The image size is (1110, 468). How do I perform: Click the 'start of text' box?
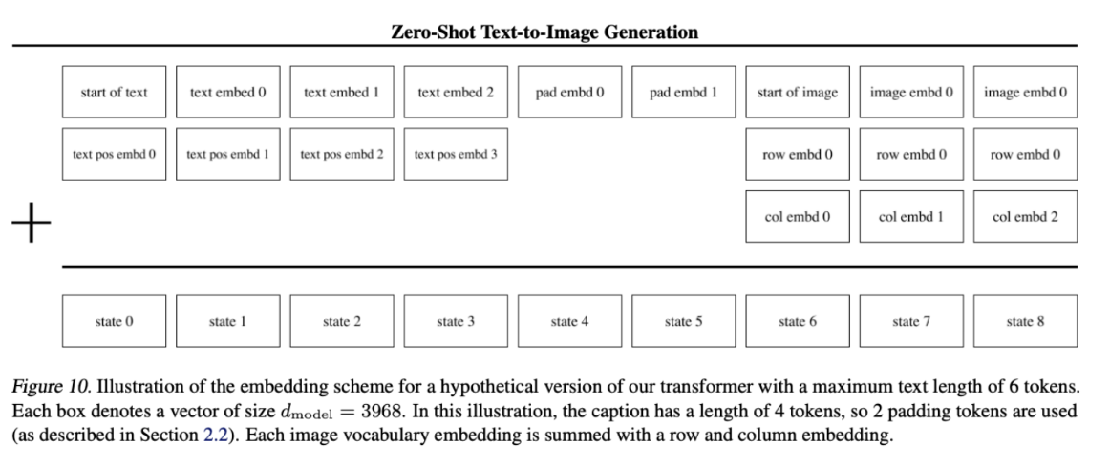pyautogui.click(x=114, y=92)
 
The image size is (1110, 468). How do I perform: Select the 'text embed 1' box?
pyautogui.click(x=342, y=92)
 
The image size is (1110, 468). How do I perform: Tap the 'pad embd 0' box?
pyautogui.click(x=570, y=92)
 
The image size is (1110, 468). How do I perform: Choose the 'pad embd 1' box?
pyautogui.click(x=684, y=92)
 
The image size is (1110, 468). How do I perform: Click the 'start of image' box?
pyautogui.click(x=798, y=92)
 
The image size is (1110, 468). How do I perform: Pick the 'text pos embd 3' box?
pyautogui.click(x=456, y=154)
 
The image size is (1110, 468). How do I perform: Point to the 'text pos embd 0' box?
pyautogui.click(x=114, y=154)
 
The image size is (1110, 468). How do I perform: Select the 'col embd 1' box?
pyautogui.click(x=911, y=216)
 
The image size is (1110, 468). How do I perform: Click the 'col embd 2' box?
pyautogui.click(x=1026, y=216)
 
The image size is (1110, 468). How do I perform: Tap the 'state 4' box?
pyautogui.click(x=570, y=322)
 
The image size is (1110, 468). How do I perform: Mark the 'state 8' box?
pyautogui.click(x=1026, y=322)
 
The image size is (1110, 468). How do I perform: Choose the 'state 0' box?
pyautogui.click(x=114, y=322)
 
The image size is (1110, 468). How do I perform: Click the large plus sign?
pyautogui.click(x=32, y=223)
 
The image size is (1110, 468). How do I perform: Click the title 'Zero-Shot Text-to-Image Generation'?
pyautogui.click(x=544, y=32)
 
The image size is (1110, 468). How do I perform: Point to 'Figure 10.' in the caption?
pyautogui.click(x=52, y=387)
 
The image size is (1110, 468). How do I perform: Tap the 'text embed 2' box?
pyautogui.click(x=456, y=92)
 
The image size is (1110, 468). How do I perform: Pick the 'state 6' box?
pyautogui.click(x=798, y=322)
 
